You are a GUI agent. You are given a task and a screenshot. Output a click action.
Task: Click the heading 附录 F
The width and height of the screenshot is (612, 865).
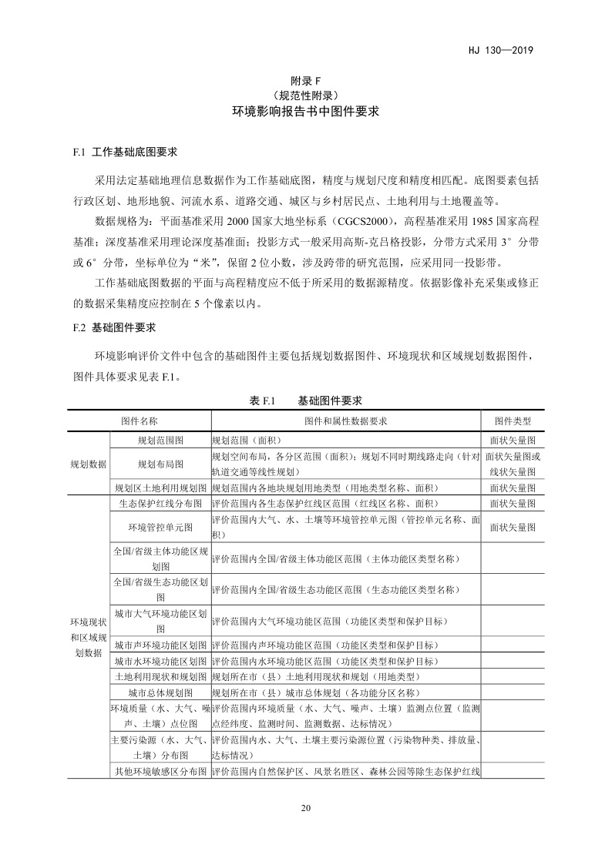(305, 81)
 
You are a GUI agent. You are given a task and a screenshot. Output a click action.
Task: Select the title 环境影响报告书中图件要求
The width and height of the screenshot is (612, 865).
(306, 112)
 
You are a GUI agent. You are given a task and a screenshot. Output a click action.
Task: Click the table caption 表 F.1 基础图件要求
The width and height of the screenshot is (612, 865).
(306, 401)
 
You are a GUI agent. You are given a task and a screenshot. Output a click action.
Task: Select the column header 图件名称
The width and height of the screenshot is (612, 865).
(140, 421)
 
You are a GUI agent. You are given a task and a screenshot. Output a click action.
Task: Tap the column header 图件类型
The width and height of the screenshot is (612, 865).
(513, 421)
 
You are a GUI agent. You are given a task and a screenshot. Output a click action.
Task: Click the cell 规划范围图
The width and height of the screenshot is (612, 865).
(160, 440)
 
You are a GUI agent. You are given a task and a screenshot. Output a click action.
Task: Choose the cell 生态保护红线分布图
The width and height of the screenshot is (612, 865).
(160, 503)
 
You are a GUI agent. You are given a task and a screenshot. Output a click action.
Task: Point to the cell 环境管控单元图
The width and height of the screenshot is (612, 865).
(160, 526)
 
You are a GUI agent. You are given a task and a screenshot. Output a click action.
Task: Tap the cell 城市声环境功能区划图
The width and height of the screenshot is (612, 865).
(160, 645)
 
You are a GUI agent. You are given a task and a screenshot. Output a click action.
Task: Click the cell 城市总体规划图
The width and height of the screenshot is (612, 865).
(160, 692)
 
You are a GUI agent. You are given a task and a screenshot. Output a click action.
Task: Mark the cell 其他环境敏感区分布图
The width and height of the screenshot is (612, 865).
(160, 771)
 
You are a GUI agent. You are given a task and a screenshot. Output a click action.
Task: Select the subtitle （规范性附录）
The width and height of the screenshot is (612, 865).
(305, 96)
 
